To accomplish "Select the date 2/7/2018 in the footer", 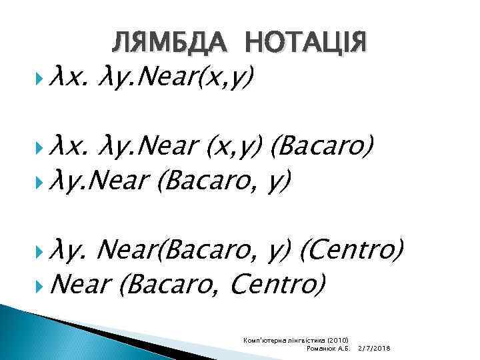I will coord(374,349).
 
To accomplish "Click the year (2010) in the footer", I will coord(343,341).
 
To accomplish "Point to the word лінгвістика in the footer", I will coord(312,341).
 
